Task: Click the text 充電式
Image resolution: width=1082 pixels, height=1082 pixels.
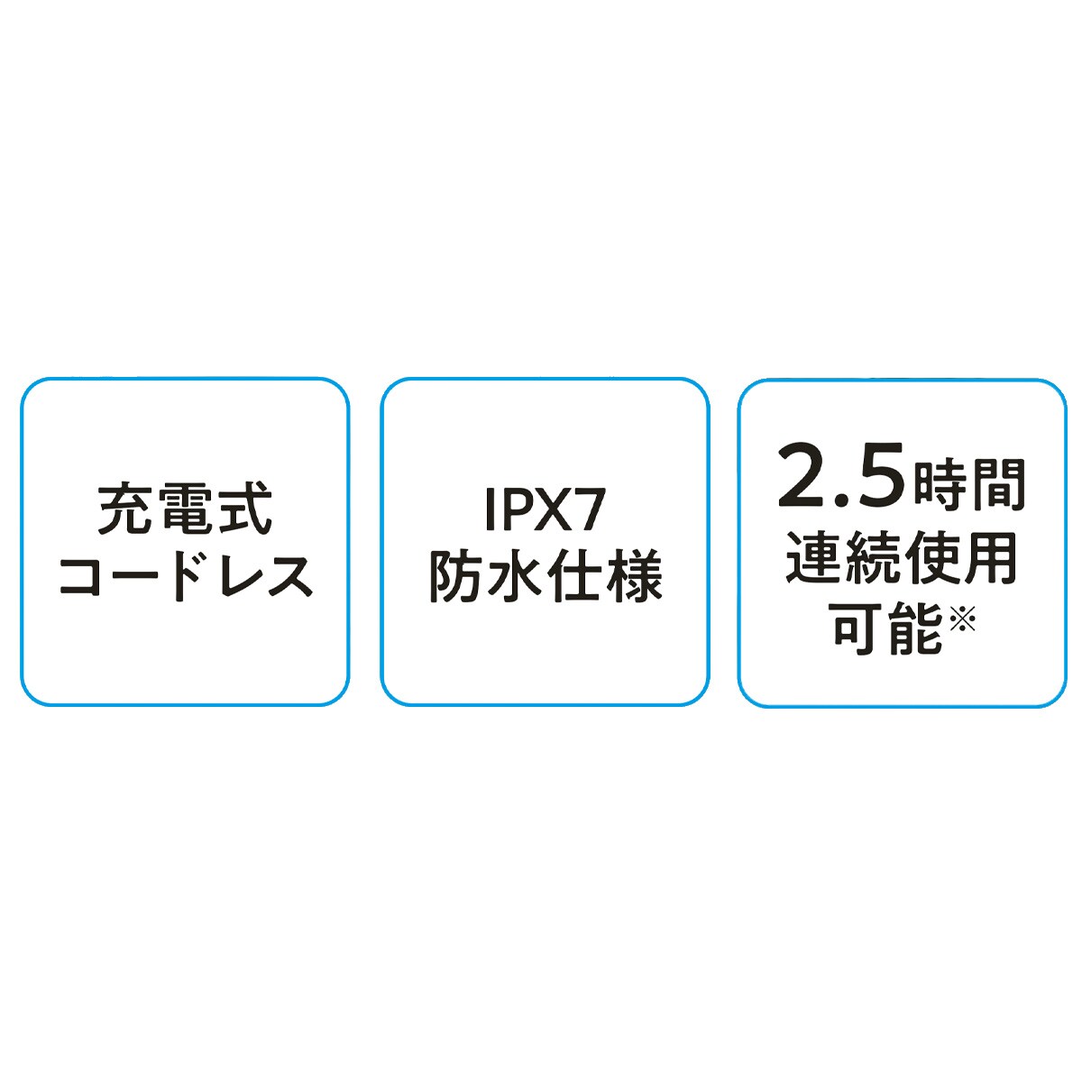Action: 185,510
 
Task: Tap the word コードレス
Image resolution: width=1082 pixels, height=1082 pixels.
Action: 186,577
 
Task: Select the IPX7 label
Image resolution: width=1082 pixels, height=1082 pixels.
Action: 544,510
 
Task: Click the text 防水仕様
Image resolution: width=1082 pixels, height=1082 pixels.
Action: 546,577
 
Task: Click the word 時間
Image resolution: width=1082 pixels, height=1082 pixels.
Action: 969,484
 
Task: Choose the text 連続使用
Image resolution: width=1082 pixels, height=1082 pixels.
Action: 901,557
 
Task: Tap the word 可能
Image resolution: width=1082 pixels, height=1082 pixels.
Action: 887,628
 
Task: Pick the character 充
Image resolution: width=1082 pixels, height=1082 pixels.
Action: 124,510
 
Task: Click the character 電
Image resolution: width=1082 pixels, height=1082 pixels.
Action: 185,510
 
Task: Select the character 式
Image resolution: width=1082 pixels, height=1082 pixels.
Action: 245,510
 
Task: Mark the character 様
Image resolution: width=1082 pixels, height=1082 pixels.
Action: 635,577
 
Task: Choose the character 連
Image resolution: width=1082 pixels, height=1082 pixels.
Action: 813,557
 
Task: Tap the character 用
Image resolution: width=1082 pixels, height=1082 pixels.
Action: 990,557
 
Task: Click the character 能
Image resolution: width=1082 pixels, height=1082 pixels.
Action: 915,628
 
